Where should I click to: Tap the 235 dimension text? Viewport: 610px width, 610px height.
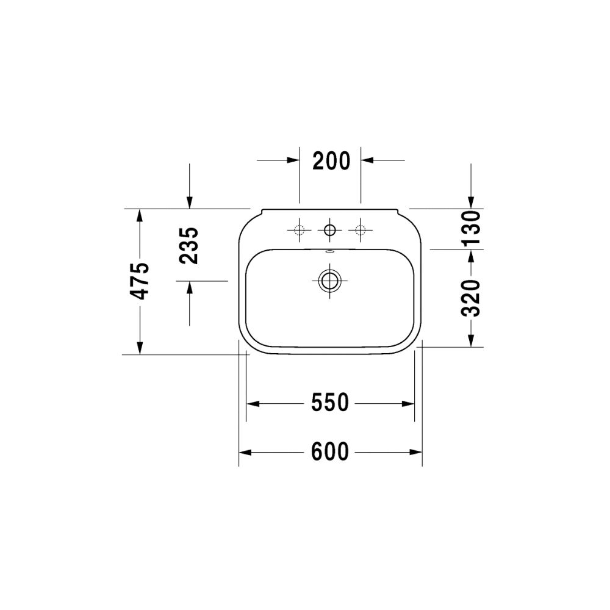189,245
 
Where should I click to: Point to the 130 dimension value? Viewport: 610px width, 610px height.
471,227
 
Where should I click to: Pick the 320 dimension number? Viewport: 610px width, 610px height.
471,298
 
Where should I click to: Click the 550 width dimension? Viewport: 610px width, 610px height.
330,403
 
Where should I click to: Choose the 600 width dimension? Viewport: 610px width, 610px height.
330,451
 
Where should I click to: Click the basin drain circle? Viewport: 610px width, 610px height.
329,281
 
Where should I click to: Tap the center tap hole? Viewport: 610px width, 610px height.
329,230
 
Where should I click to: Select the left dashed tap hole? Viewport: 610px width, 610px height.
299,230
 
